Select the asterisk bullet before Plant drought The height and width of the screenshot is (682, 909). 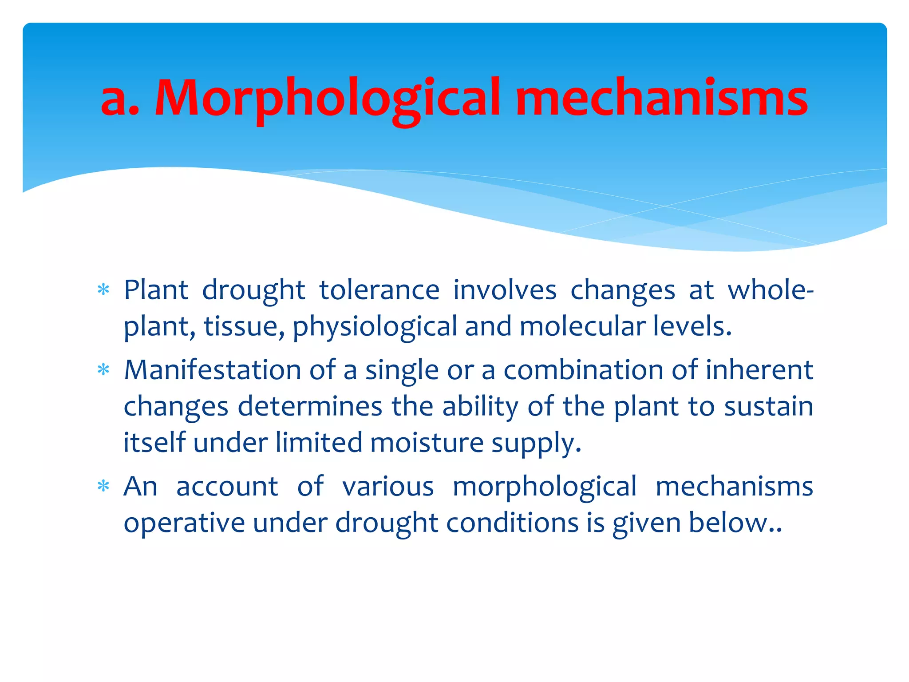point(103,290)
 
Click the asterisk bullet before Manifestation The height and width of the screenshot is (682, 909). point(103,370)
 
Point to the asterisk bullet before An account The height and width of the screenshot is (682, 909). point(103,487)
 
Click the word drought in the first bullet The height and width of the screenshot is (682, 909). point(253,290)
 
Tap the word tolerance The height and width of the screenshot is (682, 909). point(379,290)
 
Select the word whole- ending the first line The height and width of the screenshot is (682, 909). point(770,290)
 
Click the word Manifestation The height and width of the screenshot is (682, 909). point(213,370)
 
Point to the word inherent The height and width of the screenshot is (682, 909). point(759,370)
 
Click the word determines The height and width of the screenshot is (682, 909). point(310,406)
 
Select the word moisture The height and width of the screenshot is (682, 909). point(427,443)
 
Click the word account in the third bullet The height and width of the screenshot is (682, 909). point(227,487)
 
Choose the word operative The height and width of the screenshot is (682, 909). point(184,523)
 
